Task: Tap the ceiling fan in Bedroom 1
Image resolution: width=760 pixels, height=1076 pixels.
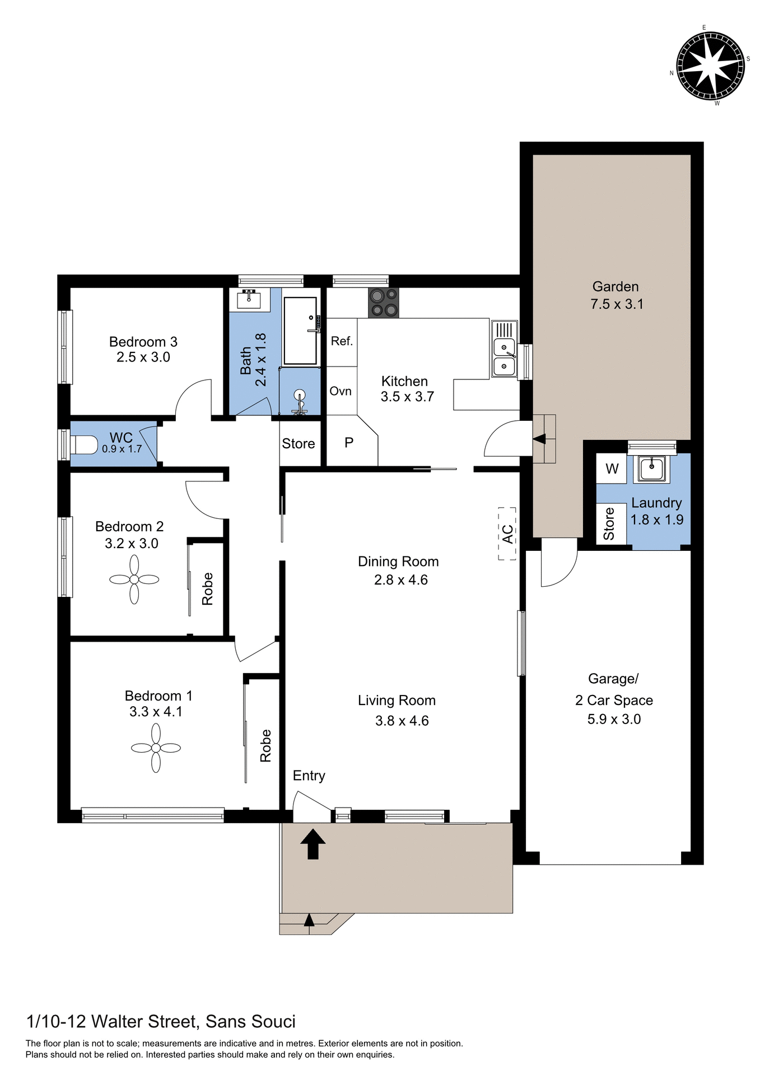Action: [156, 748]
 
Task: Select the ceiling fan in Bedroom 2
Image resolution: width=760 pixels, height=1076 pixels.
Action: [134, 579]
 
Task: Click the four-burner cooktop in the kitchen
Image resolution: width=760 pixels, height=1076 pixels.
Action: [384, 303]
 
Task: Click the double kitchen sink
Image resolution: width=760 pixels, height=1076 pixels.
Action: [504, 356]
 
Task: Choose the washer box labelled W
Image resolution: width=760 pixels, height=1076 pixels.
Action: [612, 469]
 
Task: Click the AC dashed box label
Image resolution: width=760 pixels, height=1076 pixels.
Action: [507, 534]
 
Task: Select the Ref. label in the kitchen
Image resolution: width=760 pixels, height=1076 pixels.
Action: [342, 341]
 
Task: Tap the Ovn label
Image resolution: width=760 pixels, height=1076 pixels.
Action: [341, 391]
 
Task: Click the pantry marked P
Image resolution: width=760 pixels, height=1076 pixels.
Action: [349, 443]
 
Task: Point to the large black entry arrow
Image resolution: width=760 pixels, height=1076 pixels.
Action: [313, 844]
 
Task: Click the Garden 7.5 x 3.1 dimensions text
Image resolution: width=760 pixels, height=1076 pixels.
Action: [617, 304]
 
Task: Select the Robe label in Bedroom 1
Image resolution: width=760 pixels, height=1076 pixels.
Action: [265, 745]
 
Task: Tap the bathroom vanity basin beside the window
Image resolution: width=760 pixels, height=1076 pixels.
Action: [249, 300]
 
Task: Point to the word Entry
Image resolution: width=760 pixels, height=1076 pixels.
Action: [309, 776]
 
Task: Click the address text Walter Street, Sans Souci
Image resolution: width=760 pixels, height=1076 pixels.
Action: [161, 1021]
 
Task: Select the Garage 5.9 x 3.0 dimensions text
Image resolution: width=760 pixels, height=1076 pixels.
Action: [614, 719]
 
